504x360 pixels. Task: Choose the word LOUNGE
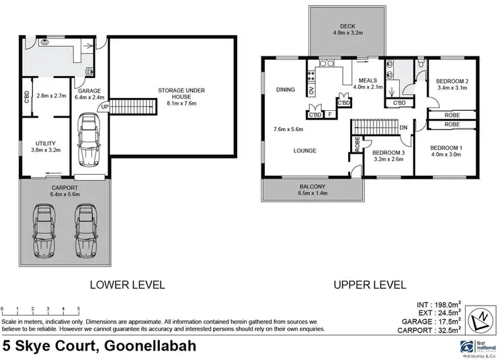click(x=304, y=150)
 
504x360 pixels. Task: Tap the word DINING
click(x=286, y=89)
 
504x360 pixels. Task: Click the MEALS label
click(x=367, y=79)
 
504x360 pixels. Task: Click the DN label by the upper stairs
click(x=403, y=127)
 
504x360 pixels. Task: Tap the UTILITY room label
click(x=45, y=142)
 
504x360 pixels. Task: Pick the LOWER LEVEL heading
click(x=128, y=285)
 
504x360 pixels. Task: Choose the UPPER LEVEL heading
click(x=370, y=285)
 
